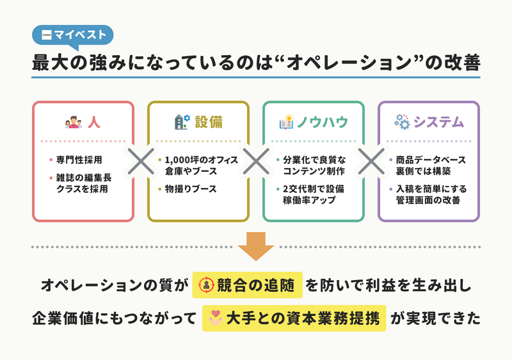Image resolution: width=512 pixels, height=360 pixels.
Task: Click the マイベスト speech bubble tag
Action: pyautogui.click(x=72, y=35)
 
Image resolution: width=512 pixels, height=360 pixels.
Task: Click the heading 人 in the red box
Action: pyautogui.click(x=94, y=122)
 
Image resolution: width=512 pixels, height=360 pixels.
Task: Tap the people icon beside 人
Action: pyautogui.click(x=74, y=122)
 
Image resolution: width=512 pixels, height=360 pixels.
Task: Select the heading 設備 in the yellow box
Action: pyautogui.click(x=209, y=122)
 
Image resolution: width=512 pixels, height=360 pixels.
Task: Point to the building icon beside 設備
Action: pyautogui.click(x=182, y=122)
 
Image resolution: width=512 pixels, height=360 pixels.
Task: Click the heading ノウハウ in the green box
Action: pyautogui.click(x=323, y=122)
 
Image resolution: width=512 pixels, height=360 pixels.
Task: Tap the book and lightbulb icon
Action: pyautogui.click(x=286, y=122)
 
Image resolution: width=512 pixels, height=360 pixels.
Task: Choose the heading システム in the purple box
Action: pyautogui.click(x=438, y=122)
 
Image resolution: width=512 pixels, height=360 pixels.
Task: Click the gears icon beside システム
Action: pyautogui.click(x=402, y=122)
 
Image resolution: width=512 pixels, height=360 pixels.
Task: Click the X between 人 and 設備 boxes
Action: pyautogui.click(x=141, y=161)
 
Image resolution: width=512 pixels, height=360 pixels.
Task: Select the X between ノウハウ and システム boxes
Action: pyautogui.click(x=371, y=161)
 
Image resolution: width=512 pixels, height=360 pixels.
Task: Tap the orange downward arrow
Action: pyautogui.click(x=255, y=246)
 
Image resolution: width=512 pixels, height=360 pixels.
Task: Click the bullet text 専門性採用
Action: pyautogui.click(x=79, y=160)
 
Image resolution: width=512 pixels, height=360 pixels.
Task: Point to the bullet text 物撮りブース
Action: pyautogui.click(x=191, y=189)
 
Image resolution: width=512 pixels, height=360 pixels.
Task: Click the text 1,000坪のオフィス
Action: pyautogui.click(x=202, y=160)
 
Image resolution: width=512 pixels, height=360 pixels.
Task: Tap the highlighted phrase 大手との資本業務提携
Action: pyautogui.click(x=303, y=318)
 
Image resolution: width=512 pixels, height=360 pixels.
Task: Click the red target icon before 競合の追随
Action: pyautogui.click(x=207, y=285)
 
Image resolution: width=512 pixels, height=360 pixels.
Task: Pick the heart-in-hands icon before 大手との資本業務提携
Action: pyautogui.click(x=215, y=318)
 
